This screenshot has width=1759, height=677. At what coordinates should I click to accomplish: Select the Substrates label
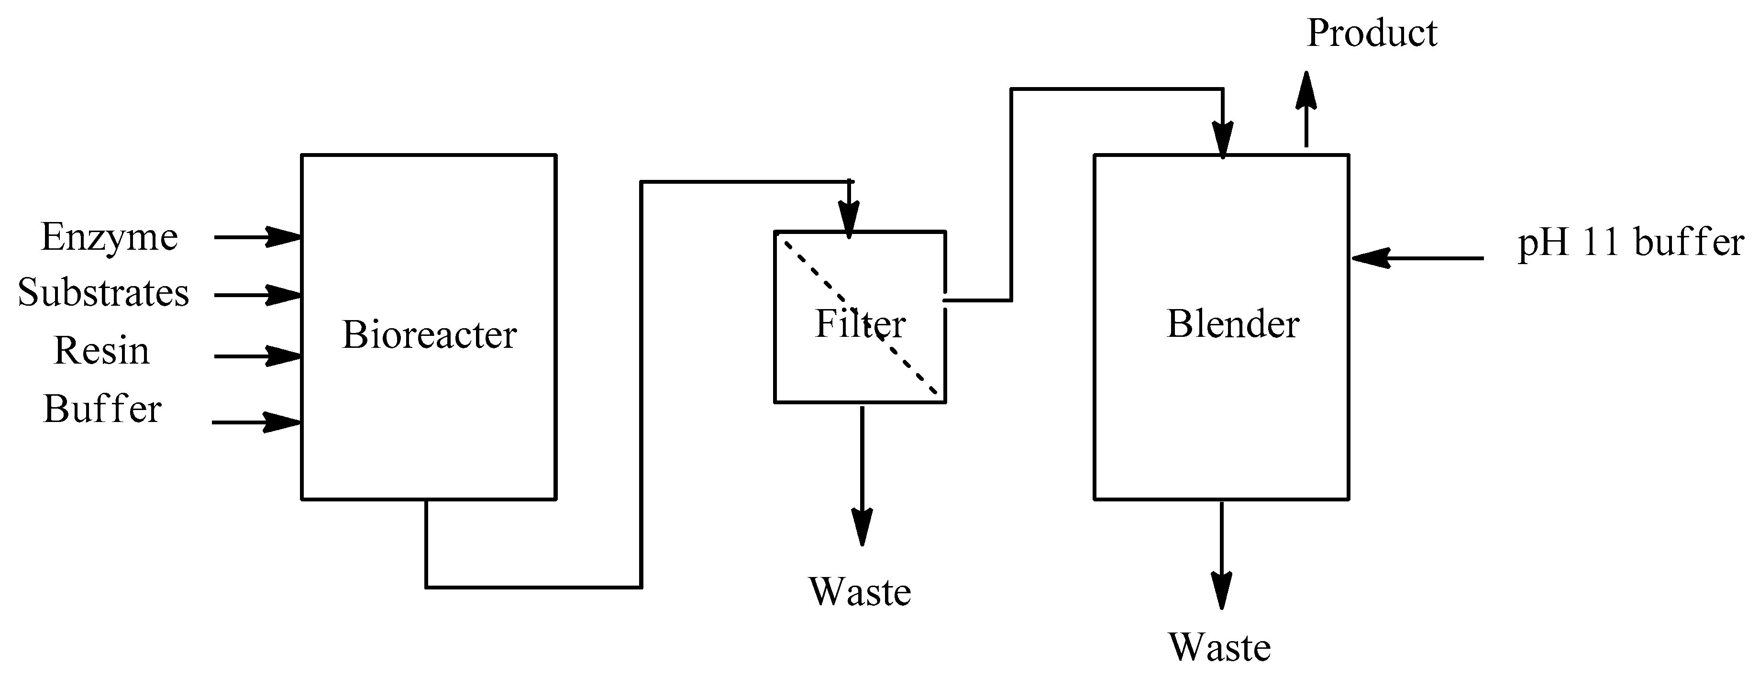coord(103,293)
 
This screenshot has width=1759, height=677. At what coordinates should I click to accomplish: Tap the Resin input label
coord(101,351)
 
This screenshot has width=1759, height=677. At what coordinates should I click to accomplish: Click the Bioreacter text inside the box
coord(429,335)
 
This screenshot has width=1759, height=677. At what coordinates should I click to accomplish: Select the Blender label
coord(1232,324)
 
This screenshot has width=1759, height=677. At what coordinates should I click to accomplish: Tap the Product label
coord(1371,33)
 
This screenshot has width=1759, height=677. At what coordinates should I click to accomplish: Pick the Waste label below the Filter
coord(860,592)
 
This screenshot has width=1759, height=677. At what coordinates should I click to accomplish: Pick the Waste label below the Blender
coord(1219,648)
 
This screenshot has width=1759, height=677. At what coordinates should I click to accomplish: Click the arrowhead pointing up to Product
coord(1305,91)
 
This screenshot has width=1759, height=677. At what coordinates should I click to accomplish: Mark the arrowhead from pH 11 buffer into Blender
coord(1371,258)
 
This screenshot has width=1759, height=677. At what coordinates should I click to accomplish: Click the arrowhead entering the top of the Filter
coord(849,220)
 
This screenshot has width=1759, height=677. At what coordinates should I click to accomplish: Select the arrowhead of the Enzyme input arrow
coord(283,237)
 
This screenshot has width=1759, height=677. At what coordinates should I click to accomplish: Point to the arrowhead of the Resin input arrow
coord(283,356)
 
